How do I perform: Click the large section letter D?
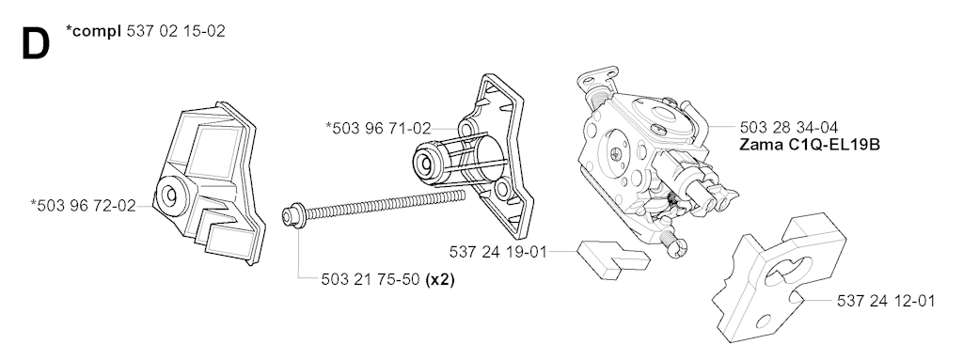[x=35, y=45]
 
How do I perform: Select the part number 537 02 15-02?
[x=176, y=31]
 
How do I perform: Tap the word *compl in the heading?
[x=93, y=31]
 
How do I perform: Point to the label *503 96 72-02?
[x=83, y=205]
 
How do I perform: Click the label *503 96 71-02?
[x=378, y=129]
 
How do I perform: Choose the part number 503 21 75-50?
[x=371, y=279]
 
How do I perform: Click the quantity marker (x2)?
[x=440, y=279]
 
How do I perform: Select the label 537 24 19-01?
[x=498, y=252]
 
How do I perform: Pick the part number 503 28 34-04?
[x=789, y=128]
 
